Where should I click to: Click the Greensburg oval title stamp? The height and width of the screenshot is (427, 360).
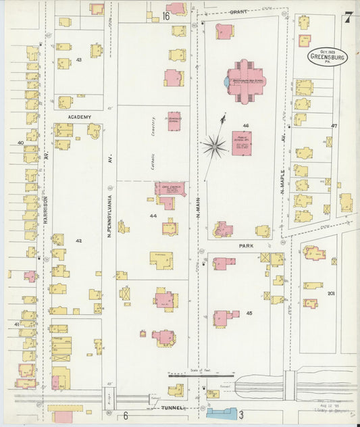point(327,55)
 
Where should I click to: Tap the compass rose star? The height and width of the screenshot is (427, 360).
point(215,143)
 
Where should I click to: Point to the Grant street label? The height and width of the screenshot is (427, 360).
point(238,11)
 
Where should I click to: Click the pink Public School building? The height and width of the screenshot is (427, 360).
point(241,143)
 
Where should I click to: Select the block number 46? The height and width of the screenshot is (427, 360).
point(246,126)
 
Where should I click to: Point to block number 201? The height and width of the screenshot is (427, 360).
point(331,294)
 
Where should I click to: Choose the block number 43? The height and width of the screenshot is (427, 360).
point(79,61)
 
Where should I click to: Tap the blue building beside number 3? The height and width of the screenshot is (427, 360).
point(222,413)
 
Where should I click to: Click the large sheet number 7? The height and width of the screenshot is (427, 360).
point(347,17)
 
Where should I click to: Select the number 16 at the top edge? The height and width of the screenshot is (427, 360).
point(165,16)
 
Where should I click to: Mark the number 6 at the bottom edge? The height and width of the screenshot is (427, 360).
point(125,415)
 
